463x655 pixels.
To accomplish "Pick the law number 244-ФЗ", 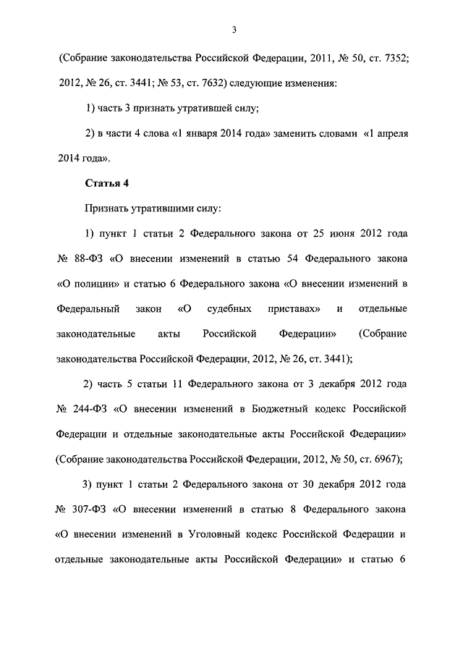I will click(88, 408).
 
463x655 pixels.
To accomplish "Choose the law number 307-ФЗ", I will click(88, 510).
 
